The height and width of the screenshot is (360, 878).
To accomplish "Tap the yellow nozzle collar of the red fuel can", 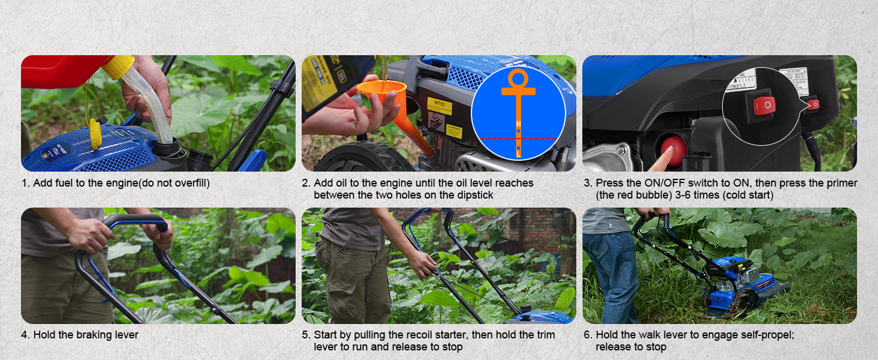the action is pos(118,66).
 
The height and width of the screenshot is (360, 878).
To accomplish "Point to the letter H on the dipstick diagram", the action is pos(518,124).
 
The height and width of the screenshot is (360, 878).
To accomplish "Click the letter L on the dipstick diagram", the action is pos(518,154).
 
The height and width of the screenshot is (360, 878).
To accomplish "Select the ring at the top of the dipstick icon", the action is pos(518,79).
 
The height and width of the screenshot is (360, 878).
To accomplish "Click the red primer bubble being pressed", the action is pos(674,150).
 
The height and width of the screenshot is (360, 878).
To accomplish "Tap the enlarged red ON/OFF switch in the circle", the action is pos(764,105).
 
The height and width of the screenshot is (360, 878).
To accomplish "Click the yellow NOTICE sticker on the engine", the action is pos(440,106).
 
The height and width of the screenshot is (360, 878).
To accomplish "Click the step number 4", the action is pos(25,335).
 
